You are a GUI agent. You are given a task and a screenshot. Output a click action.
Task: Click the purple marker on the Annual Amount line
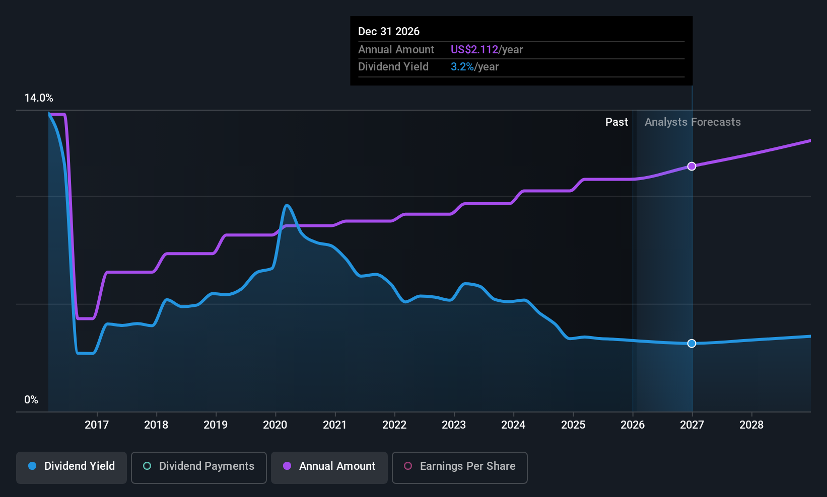coord(692,167)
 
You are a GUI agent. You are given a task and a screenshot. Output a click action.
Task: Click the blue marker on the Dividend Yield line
coord(692,343)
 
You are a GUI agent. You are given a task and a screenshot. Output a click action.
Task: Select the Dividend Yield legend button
coord(71,467)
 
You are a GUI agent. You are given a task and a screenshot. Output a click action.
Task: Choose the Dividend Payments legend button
coord(198,467)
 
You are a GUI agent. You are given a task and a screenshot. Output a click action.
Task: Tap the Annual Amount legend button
coord(329,467)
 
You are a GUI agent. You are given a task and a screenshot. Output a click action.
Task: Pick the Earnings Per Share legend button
coord(460,467)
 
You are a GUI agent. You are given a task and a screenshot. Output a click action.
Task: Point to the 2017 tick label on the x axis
coord(97,425)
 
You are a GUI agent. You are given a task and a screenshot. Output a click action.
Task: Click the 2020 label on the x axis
coord(275,425)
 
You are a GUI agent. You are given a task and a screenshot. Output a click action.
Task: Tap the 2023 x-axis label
coord(454,425)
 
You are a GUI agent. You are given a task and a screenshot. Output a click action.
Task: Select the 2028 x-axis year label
coord(751,425)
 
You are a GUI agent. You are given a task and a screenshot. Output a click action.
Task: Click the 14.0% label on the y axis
coord(39,98)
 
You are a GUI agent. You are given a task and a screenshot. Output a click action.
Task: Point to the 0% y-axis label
coord(31,400)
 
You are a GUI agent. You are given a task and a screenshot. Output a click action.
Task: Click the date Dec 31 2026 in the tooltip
coord(389,31)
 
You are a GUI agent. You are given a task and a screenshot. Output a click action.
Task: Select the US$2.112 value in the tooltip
coord(474,49)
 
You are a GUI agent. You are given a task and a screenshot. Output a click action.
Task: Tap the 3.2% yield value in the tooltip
coord(462,67)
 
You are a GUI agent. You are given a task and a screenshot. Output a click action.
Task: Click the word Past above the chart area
coord(616,122)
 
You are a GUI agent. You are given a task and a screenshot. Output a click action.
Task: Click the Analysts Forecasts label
coord(693,122)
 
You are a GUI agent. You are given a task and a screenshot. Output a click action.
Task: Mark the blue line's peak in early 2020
coord(287,205)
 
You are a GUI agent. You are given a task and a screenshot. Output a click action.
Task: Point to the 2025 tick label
coord(573,425)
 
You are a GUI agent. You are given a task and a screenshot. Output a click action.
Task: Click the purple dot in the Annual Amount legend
coord(287,466)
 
